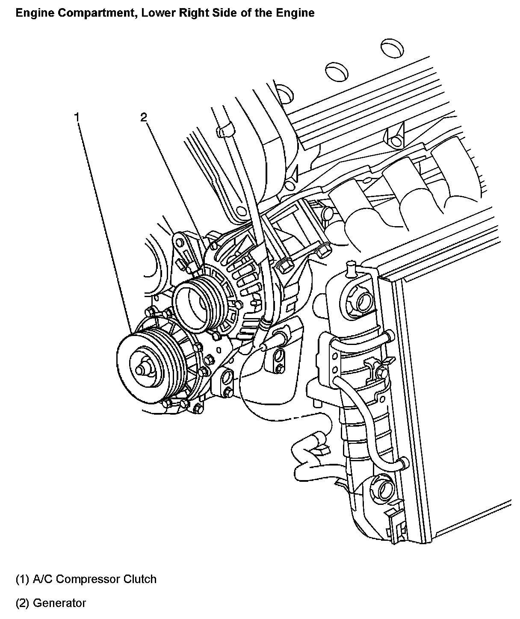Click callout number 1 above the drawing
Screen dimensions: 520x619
[x=77, y=117]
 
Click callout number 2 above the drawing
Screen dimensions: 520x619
[x=144, y=118]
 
